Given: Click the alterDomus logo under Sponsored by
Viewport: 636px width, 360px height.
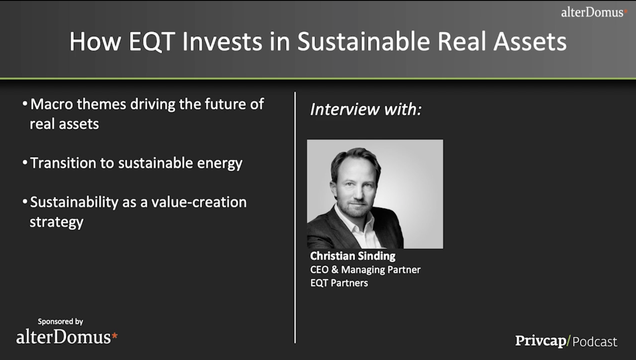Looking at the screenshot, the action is [x=67, y=337].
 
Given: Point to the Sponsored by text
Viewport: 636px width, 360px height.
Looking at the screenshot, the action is [x=61, y=321].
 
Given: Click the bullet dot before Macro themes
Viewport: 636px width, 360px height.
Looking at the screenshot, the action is [x=25, y=103].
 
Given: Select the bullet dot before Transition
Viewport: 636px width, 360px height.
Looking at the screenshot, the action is [x=25, y=162].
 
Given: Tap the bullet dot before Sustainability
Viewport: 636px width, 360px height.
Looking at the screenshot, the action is [x=25, y=201].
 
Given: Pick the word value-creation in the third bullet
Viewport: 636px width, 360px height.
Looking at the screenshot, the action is [x=199, y=202].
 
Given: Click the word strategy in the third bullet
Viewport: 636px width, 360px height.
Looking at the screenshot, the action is [x=57, y=222].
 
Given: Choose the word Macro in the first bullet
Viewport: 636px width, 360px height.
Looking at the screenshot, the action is [x=52, y=104].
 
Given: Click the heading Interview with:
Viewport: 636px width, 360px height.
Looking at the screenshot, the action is [x=366, y=109].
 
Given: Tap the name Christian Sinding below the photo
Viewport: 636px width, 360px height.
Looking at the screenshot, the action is [x=353, y=256].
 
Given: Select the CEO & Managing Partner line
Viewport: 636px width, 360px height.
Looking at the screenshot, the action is [x=365, y=270].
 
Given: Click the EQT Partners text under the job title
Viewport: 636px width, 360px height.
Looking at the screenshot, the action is [x=339, y=283].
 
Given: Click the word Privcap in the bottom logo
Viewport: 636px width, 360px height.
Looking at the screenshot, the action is [x=541, y=341].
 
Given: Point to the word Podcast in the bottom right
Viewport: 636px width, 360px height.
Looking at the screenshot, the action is [x=595, y=342].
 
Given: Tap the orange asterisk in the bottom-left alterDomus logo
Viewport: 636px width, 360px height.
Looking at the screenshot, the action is [x=115, y=336].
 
